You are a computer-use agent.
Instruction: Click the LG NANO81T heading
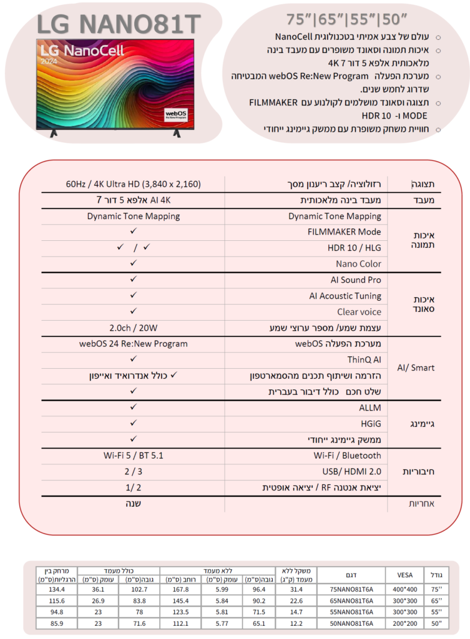pyautogui.click(x=119, y=24)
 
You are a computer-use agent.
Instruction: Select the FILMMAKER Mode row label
pyautogui.click(x=345, y=232)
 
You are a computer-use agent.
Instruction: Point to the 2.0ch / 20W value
pyautogui.click(x=134, y=328)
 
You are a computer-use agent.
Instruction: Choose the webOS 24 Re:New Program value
pyautogui.click(x=134, y=344)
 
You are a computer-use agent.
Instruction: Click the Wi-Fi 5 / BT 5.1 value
pyautogui.click(x=134, y=456)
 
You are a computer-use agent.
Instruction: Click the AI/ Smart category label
pyautogui.click(x=416, y=368)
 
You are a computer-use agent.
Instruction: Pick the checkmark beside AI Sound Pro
pyautogui.click(x=134, y=280)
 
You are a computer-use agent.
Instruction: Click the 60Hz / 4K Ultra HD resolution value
pyautogui.click(x=134, y=184)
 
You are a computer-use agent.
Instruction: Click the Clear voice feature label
pyautogui.click(x=359, y=312)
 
